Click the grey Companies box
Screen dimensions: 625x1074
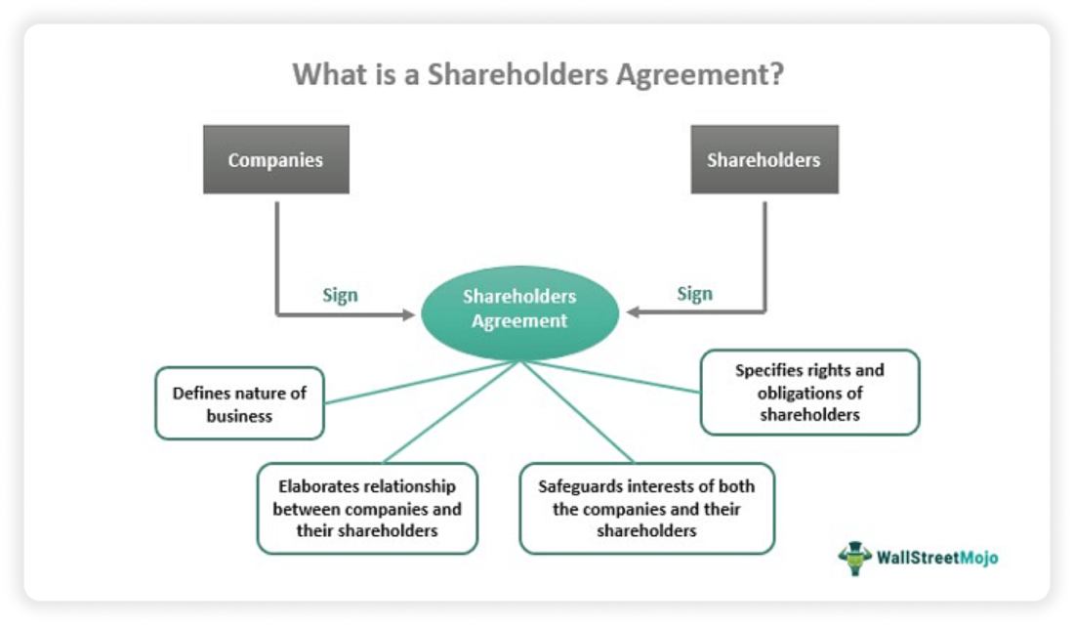275,159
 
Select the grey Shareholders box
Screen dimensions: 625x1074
764,159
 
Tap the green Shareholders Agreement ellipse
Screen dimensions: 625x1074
519,309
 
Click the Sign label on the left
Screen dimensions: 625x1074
340,295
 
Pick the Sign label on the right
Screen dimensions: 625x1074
694,293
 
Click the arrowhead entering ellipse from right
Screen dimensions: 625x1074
633,312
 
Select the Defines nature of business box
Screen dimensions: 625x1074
239,403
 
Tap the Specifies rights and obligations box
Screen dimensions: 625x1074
809,392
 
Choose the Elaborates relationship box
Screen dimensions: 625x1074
367,508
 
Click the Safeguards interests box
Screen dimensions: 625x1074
646,508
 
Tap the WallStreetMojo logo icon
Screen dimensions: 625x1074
855,558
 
